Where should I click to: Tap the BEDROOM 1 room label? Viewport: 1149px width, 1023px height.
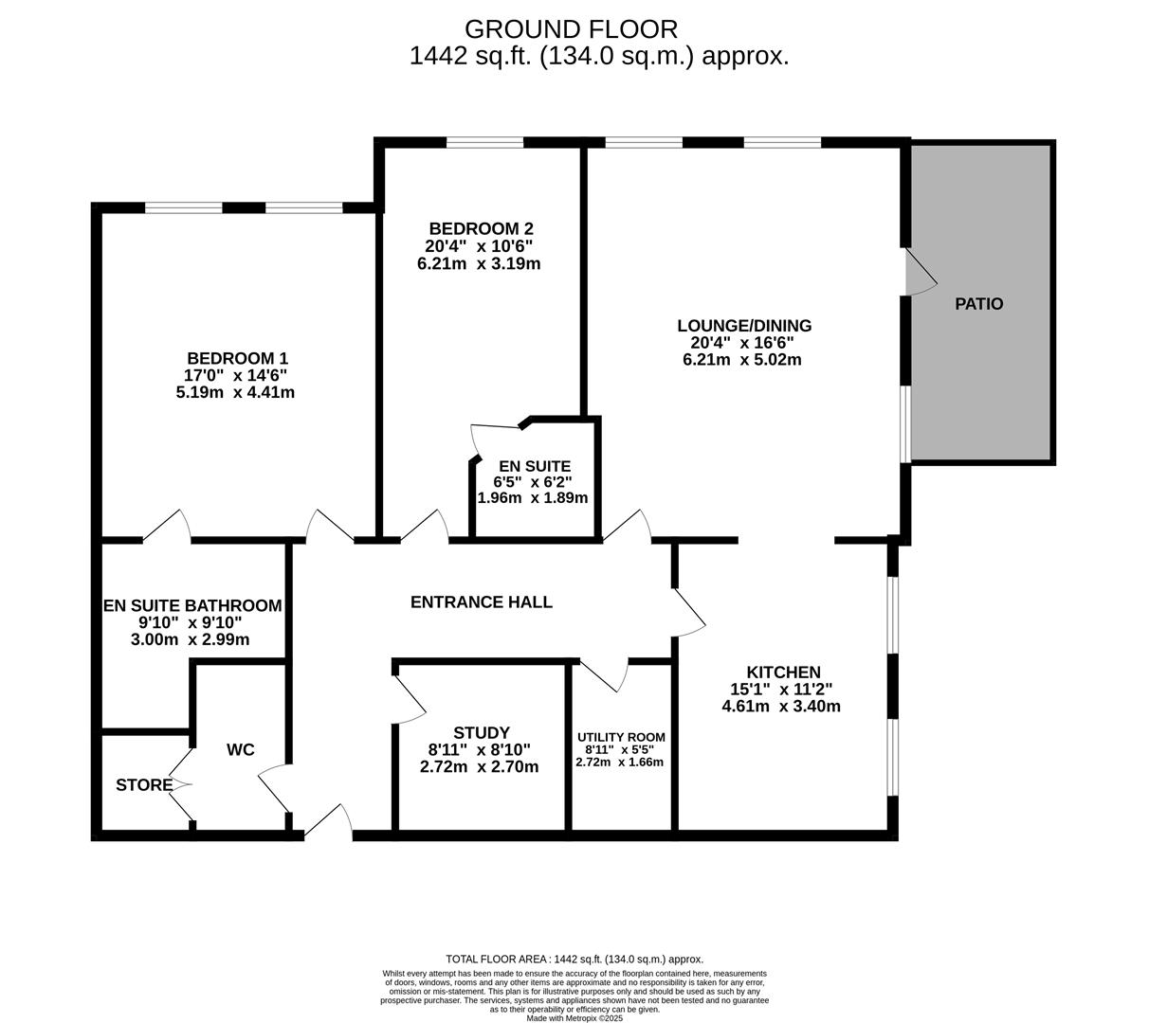coord(237,358)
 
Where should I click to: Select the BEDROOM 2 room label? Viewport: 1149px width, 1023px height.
coord(481,228)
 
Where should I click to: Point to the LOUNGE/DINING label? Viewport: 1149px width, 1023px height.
coord(744,326)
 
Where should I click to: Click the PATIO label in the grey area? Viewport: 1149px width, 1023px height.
coord(978,304)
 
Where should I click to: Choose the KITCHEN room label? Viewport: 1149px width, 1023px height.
coord(782,672)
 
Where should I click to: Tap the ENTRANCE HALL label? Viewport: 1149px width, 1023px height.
coord(481,601)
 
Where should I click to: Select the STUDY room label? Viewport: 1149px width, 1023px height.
coord(481,732)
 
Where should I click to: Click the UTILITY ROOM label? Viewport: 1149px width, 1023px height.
coord(621,737)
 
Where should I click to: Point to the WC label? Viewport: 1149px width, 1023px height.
coord(241,750)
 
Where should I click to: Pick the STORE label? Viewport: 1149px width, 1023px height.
coord(144,785)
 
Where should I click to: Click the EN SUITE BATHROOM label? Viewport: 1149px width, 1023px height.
coord(192,605)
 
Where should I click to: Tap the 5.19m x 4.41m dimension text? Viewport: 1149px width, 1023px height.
coord(235,392)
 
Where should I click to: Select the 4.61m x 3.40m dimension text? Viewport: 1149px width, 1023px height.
coord(781,706)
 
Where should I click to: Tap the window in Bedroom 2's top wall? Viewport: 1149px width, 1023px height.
coord(484,143)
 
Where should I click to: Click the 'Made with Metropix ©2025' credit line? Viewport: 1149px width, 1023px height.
coord(574,1017)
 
